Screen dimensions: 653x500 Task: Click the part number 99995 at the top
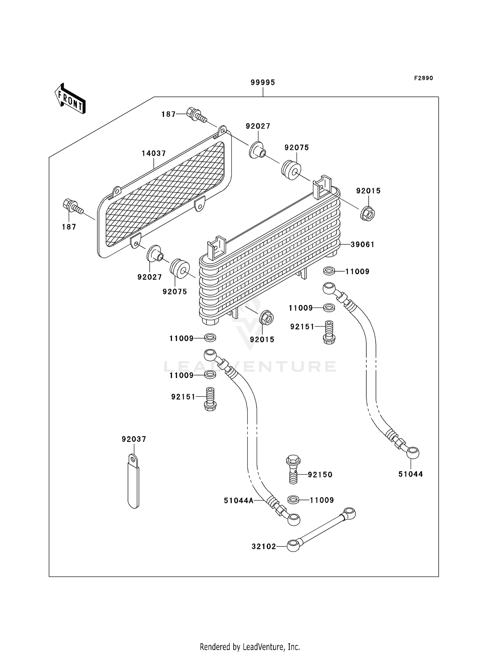click(x=263, y=83)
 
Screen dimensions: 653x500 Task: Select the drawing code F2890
click(x=423, y=78)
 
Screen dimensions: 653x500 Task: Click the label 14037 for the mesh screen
click(x=154, y=153)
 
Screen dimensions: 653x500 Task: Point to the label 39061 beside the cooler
click(x=362, y=244)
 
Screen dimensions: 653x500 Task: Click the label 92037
click(x=134, y=439)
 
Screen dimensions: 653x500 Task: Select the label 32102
click(x=264, y=546)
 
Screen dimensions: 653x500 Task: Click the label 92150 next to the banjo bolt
click(x=320, y=475)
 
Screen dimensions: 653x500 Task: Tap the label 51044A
click(x=239, y=500)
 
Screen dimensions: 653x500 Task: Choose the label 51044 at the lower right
click(x=411, y=474)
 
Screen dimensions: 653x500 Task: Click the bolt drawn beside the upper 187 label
click(x=196, y=115)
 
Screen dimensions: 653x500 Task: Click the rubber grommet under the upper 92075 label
click(x=291, y=170)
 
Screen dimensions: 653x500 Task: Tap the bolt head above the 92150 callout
click(x=293, y=461)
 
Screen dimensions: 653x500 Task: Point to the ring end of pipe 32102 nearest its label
click(x=293, y=546)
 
